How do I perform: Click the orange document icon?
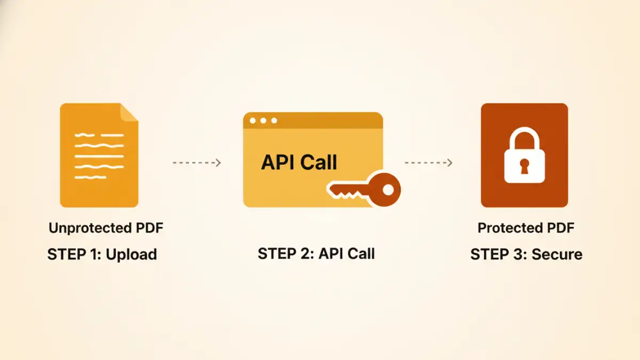point(99,155)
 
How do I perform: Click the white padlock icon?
point(524,155)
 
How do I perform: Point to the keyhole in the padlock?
point(524,164)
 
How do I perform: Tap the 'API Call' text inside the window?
point(299,162)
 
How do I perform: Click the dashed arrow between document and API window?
point(197,163)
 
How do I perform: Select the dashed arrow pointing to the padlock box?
point(428,163)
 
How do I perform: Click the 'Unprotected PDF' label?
point(106,228)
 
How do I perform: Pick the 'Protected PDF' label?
point(526,228)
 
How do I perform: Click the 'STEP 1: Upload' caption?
point(102,254)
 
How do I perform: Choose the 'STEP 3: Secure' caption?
point(526,254)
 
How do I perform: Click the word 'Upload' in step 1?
point(131,254)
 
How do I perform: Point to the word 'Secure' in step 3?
point(556,254)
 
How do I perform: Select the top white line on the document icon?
point(99,134)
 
